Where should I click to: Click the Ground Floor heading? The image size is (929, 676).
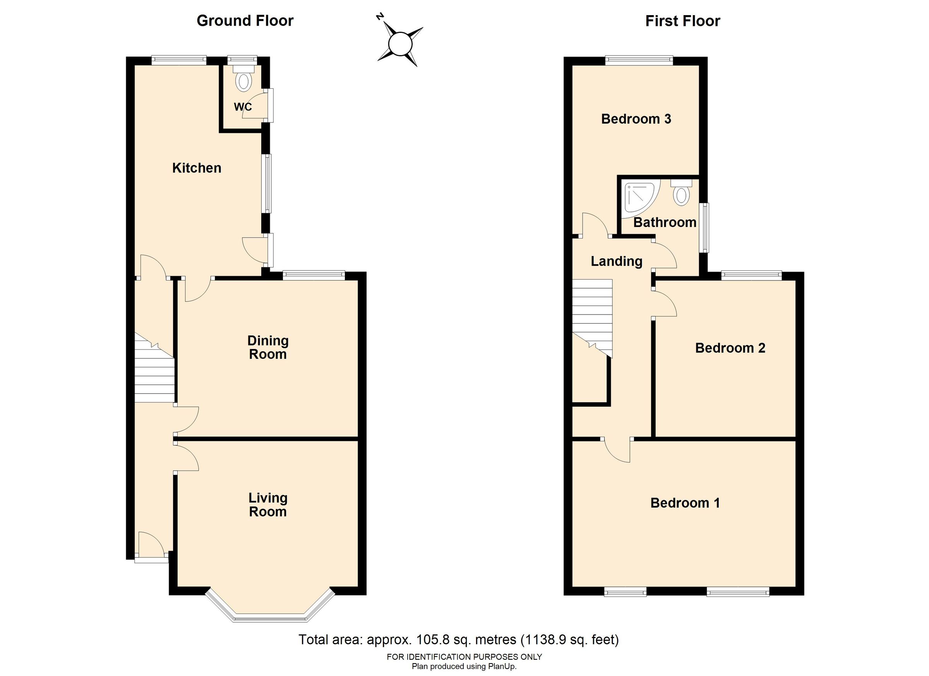245,21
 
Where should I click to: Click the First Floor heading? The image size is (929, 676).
682,21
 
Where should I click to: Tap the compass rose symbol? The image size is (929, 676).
399,44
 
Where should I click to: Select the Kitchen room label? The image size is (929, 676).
197,168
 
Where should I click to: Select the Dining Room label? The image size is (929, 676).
268,347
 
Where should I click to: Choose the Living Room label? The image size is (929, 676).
268,505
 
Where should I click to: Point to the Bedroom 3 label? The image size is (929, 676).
636,119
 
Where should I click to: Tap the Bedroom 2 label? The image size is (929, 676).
730,348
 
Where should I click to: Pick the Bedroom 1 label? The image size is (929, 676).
685,503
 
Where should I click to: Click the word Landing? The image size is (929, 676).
617,261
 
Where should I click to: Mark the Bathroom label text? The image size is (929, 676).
665,223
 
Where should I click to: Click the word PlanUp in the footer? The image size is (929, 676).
502,666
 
